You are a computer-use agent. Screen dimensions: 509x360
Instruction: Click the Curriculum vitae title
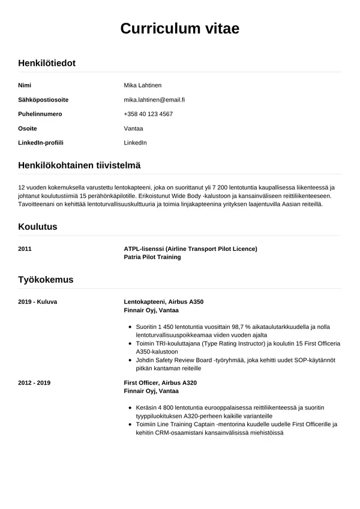tap(179, 28)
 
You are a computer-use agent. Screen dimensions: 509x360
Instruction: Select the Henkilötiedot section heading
tap(47, 62)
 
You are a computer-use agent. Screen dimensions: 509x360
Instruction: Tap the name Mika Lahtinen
tap(142, 85)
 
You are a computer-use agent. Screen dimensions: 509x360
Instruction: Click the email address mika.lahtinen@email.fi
tap(154, 100)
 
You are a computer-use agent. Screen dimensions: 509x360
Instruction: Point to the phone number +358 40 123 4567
tap(148, 114)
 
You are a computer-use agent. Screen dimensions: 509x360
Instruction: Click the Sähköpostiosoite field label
tap(43, 100)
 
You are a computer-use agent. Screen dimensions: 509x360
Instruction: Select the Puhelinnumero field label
tap(40, 114)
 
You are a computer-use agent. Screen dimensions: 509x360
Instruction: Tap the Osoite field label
tap(28, 128)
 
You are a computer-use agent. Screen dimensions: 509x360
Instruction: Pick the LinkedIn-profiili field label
tap(41, 143)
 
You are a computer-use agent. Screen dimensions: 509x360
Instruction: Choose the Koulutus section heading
tap(38, 227)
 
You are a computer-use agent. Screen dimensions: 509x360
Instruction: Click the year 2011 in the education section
tap(25, 248)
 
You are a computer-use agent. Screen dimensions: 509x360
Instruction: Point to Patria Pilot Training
tap(152, 257)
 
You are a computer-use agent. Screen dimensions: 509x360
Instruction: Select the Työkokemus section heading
tap(46, 280)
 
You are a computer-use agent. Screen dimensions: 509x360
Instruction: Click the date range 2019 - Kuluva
tap(38, 301)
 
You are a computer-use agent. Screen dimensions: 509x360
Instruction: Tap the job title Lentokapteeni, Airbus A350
tap(167, 301)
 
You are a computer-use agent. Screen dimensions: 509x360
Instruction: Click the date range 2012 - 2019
tap(34, 382)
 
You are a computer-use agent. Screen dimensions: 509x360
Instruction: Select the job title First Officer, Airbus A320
tap(160, 382)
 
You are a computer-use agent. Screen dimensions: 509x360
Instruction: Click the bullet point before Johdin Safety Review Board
tap(131, 360)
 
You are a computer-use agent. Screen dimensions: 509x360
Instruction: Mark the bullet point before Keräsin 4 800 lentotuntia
tap(131, 408)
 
